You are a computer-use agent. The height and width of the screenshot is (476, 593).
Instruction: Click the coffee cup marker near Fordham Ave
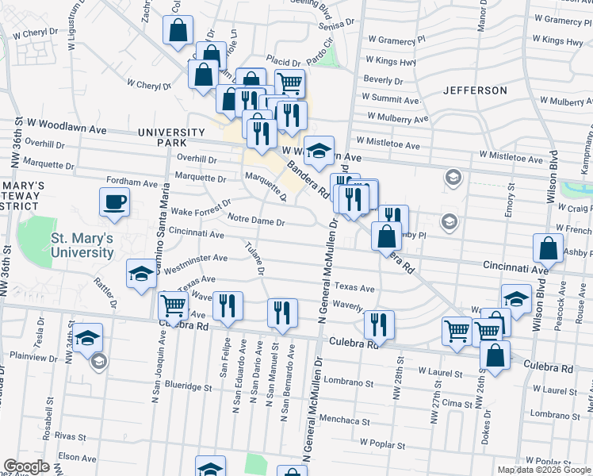[114, 202]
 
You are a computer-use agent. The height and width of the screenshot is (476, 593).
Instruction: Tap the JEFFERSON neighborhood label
[475, 90]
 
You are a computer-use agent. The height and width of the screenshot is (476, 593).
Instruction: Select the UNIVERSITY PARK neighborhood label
[171, 137]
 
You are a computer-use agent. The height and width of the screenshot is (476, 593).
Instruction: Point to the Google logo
[26, 466]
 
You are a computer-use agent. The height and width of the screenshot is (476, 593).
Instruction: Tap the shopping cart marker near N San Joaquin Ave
[172, 305]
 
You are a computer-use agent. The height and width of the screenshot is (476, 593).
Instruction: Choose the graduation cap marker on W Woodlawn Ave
[318, 150]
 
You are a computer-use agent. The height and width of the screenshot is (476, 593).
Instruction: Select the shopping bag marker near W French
[549, 248]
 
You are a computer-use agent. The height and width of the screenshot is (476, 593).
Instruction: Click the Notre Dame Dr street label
[255, 220]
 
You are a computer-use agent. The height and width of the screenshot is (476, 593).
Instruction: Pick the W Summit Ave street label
[391, 100]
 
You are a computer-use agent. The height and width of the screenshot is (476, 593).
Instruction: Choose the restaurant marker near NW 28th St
[380, 324]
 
